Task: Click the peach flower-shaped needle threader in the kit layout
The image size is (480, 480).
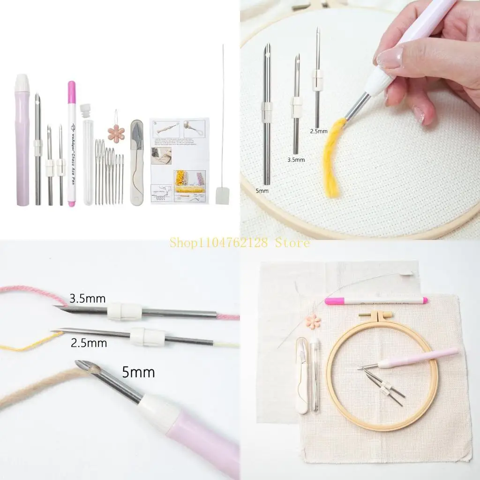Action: pos(116,133)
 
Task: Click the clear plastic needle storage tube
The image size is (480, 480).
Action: pos(88,159)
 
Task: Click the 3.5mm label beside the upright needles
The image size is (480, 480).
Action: pos(296,160)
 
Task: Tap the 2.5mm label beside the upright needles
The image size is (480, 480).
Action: pos(319,132)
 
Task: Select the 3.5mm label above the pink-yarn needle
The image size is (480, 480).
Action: pos(88,298)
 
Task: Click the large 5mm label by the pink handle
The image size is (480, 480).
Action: pos(138,373)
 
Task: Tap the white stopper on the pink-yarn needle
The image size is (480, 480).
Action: pos(125,312)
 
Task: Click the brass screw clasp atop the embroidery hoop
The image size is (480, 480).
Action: pos(375,315)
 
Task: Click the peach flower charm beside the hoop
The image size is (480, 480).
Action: pos(313,321)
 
